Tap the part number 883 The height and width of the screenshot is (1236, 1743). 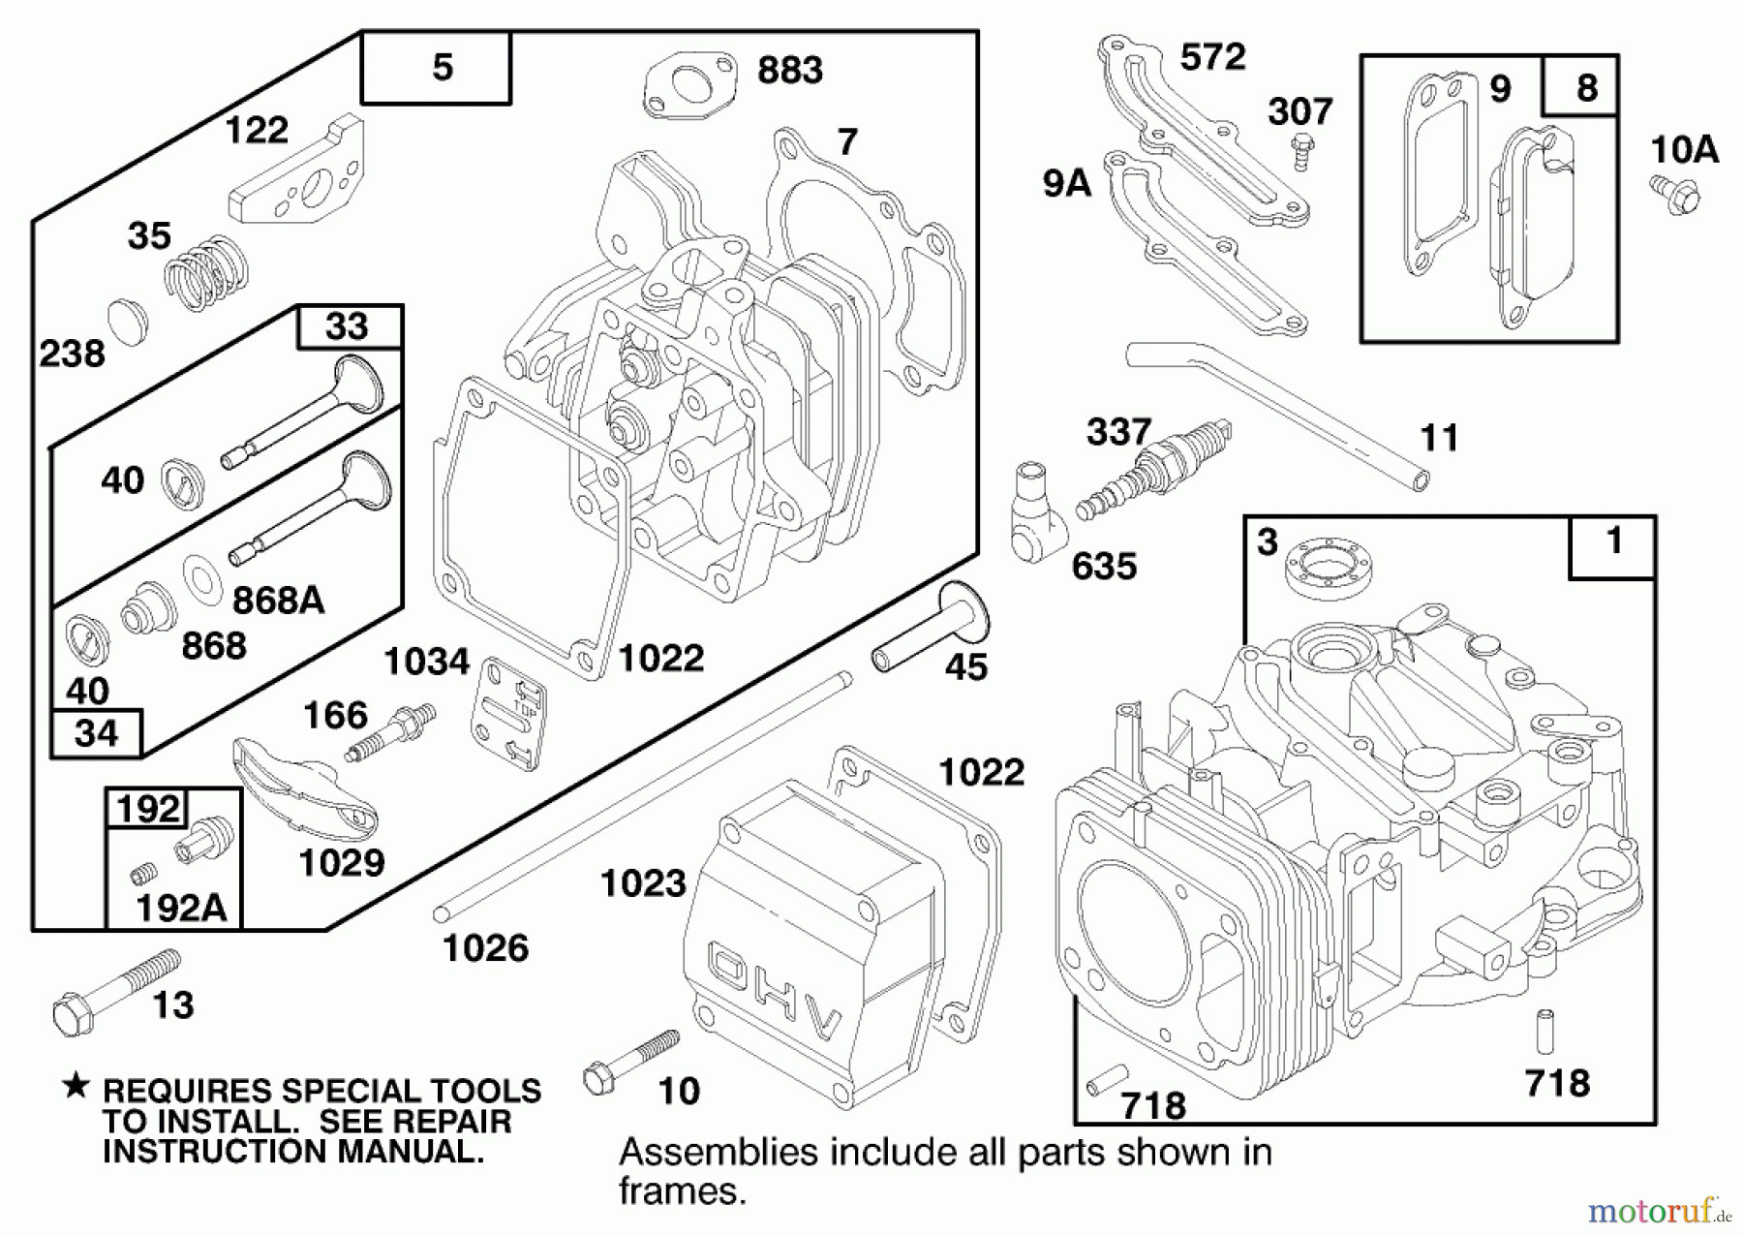click(790, 71)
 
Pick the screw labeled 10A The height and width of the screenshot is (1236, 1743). click(1675, 194)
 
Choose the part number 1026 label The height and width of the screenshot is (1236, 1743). click(485, 948)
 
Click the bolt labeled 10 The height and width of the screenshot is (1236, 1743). click(629, 1061)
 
